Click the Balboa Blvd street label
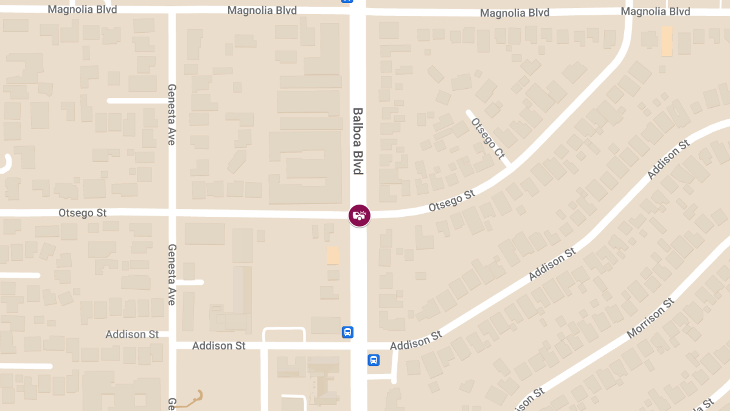pos(358,141)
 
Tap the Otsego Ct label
pos(488,139)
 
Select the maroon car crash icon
pos(359,215)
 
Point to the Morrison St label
pos(650,318)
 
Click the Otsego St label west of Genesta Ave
pos(82,213)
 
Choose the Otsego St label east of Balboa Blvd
pos(451,200)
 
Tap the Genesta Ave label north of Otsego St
pos(172,114)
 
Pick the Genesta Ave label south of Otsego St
pos(172,275)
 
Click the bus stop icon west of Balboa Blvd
pos(347,332)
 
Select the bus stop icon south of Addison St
pos(374,360)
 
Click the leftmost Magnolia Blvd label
pos(82,10)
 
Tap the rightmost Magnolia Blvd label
pos(655,12)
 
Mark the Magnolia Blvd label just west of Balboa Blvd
pos(262,11)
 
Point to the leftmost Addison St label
pos(132,334)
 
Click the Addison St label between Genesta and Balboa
pos(219,346)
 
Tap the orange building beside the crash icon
pos(333,255)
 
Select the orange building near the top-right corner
pos(667,41)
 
